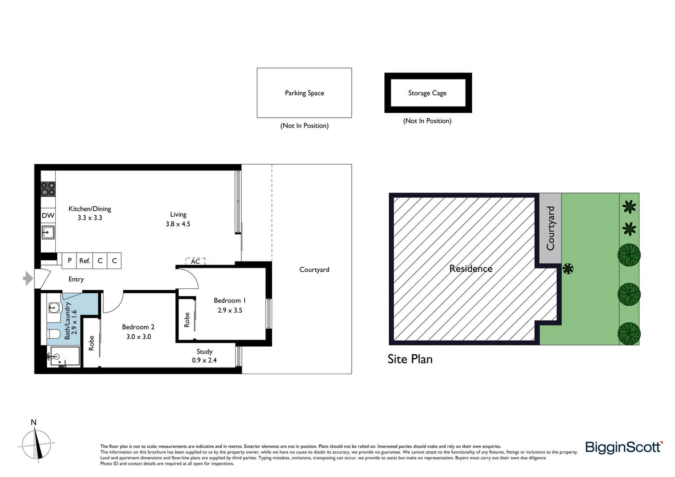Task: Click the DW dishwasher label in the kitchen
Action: pyautogui.click(x=48, y=216)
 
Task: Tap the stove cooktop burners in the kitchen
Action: pyautogui.click(x=48, y=189)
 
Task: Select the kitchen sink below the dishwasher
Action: pyautogui.click(x=48, y=232)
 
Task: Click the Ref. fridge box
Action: pyautogui.click(x=85, y=261)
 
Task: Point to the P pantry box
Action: pyautogui.click(x=69, y=261)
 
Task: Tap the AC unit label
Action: pyautogui.click(x=195, y=261)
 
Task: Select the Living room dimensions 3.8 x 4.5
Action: pyautogui.click(x=178, y=224)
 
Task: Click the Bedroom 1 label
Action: pyautogui.click(x=230, y=300)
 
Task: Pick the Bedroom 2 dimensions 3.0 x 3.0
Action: pyautogui.click(x=139, y=337)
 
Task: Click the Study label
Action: pyautogui.click(x=205, y=352)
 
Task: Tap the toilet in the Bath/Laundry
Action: pyautogui.click(x=53, y=334)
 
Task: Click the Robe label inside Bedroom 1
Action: pyautogui.click(x=187, y=320)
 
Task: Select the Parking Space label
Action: pyautogui.click(x=304, y=93)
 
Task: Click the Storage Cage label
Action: pyautogui.click(x=427, y=93)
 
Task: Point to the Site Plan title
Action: pyautogui.click(x=410, y=359)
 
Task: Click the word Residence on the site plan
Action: pyautogui.click(x=471, y=269)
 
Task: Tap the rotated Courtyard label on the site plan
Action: pyautogui.click(x=550, y=228)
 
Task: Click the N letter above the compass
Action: pyautogui.click(x=34, y=423)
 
